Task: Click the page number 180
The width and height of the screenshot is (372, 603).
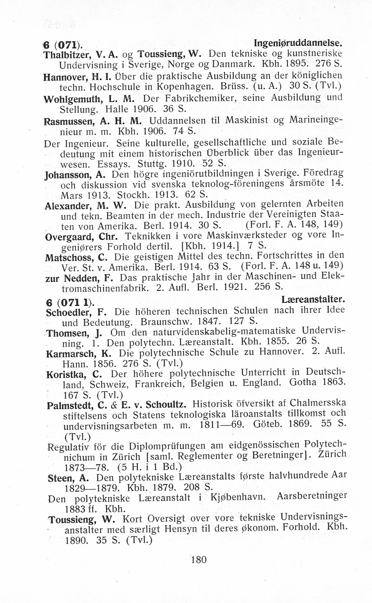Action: [199, 560]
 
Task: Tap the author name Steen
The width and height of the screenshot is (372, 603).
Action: [60, 478]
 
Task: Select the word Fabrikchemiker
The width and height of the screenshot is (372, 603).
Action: [199, 98]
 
